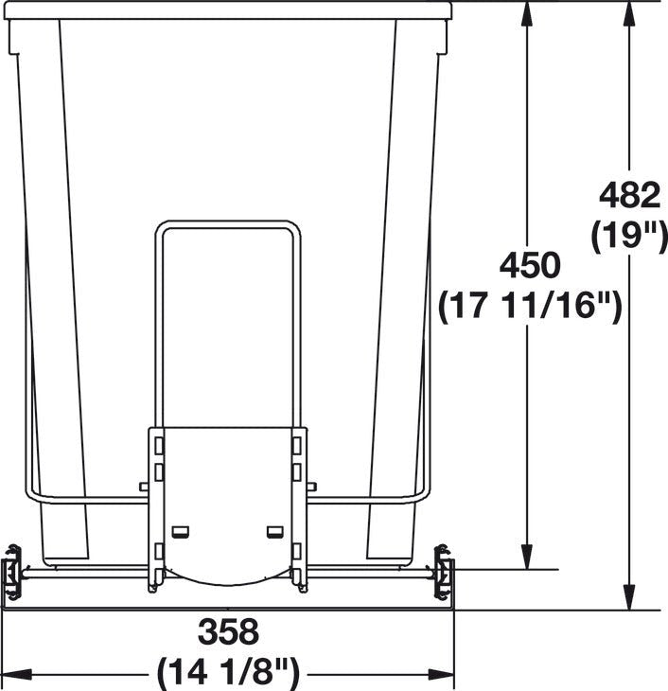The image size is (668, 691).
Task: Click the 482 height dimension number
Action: point(629,196)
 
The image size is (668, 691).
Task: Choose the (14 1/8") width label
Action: point(228,673)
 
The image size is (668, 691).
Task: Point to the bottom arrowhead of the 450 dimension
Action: point(527,559)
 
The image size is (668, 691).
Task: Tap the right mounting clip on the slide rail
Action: point(442,572)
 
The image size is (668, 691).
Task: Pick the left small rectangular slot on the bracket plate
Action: point(181,530)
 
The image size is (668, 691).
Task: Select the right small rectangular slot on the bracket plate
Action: point(275,530)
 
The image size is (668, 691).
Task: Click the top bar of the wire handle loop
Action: point(228,225)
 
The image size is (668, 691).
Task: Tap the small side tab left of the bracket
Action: point(144,487)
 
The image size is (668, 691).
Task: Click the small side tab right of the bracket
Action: point(312,487)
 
